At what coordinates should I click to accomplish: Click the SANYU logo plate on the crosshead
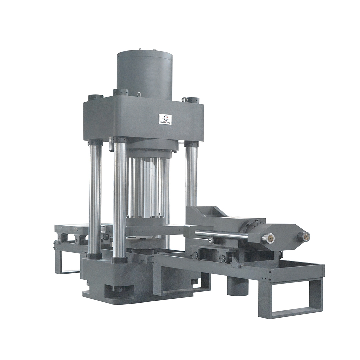(165, 118)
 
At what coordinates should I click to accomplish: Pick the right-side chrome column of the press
(191, 174)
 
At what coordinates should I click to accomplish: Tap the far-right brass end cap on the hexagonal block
(304, 235)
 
